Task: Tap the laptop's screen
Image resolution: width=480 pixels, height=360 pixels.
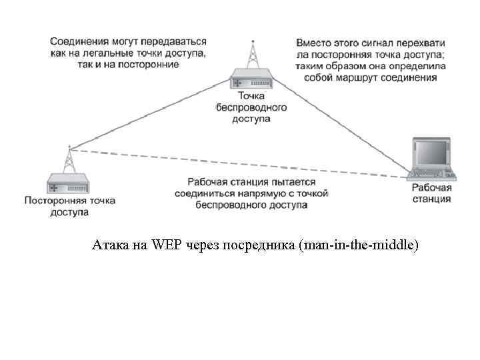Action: [x=431, y=152]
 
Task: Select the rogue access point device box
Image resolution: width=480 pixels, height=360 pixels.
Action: [x=69, y=182]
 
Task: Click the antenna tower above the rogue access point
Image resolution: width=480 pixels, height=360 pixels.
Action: [x=69, y=158]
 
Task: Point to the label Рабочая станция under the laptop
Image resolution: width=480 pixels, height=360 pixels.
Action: [x=431, y=193]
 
